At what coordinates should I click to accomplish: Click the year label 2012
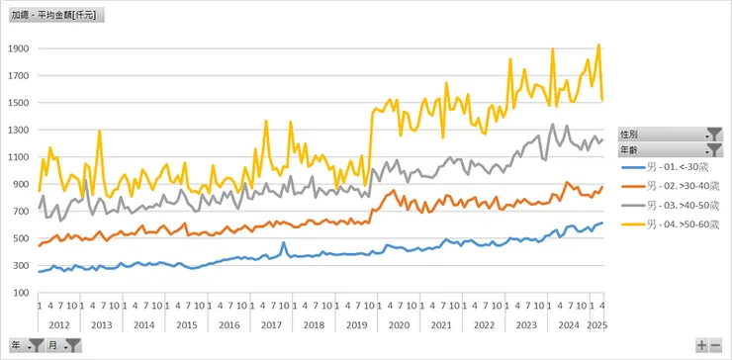[x=58, y=324]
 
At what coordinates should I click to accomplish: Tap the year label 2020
[x=399, y=324]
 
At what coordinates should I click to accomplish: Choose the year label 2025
[x=597, y=324]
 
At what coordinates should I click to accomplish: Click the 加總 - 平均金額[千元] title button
[x=57, y=16]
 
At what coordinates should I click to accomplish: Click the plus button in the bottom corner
[x=701, y=345]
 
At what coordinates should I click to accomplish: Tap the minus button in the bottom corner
[x=716, y=345]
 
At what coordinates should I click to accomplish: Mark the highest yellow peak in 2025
[x=598, y=45]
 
